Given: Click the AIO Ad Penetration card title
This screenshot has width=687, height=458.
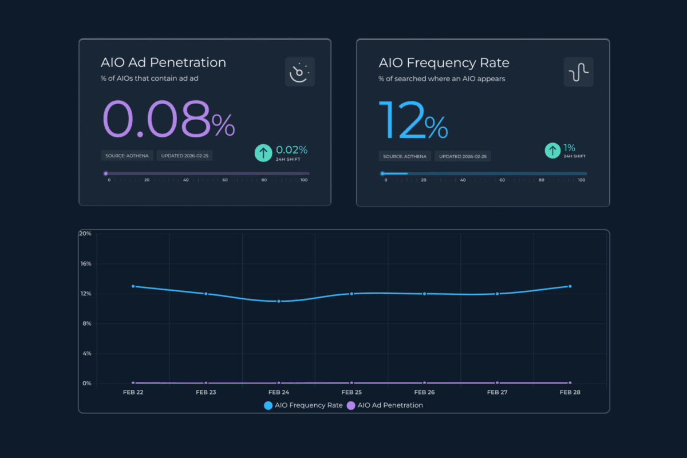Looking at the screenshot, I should tap(163, 62).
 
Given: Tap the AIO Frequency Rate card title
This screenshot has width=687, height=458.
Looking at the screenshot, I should tap(444, 62).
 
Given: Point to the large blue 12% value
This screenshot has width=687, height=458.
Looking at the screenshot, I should tap(413, 121).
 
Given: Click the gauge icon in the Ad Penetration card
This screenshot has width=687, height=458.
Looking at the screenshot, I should tap(300, 72).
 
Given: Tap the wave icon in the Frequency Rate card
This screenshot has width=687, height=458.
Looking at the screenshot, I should tap(578, 72).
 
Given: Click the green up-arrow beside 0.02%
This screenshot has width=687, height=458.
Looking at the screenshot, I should tap(263, 153).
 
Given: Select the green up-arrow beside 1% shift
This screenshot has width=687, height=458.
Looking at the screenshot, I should tap(552, 151).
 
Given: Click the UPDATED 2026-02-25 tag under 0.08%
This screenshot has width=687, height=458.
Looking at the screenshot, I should tap(184, 156).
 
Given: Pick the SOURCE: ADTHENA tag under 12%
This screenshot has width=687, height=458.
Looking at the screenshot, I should tap(405, 156).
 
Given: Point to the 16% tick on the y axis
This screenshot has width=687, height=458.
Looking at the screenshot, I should tap(85, 264).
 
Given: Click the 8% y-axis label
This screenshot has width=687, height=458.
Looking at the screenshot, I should tap(86, 323).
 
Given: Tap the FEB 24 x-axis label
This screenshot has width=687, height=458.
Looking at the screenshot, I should tap(278, 392).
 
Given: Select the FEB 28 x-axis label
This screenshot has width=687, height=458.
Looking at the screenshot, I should tap(570, 392).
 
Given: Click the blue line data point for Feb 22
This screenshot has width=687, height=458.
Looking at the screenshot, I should tap(133, 286).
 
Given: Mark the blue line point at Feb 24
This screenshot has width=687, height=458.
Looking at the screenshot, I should tap(279, 301).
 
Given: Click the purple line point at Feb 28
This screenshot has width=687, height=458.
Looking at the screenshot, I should tap(570, 382).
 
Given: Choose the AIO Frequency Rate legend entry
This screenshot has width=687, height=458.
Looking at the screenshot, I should tap(303, 405).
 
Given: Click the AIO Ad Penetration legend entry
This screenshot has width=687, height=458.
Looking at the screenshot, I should tap(385, 405).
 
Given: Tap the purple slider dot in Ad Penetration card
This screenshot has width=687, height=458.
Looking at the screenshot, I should tap(105, 173).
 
